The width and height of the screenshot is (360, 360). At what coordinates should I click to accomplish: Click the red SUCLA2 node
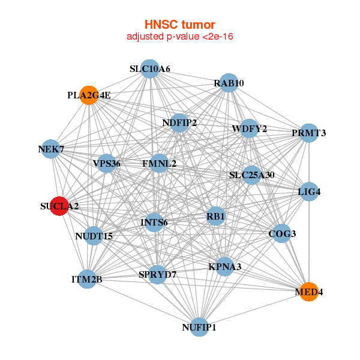59,206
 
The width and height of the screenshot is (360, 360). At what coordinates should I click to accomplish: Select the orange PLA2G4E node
89,95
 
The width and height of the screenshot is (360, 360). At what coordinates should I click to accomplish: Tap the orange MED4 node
308,292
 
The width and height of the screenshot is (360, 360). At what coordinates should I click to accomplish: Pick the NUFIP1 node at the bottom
199,328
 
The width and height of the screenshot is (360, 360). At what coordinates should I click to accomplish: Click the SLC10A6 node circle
150,69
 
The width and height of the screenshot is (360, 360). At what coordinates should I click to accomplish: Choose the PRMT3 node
308,133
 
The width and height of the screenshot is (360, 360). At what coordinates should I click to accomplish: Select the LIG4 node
308,192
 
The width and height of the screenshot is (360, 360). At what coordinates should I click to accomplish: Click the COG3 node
282,233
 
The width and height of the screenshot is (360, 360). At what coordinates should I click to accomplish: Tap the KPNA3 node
224,266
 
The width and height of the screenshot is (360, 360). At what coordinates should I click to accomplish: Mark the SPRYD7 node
157,274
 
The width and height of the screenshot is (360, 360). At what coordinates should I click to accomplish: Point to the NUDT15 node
94,235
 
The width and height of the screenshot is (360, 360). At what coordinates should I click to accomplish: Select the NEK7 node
51,149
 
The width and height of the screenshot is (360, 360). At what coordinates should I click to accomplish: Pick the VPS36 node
107,163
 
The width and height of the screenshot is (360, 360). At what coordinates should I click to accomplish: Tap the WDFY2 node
249,128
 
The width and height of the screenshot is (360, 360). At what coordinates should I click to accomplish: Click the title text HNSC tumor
179,25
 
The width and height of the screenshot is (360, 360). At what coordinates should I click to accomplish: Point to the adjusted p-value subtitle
179,37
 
